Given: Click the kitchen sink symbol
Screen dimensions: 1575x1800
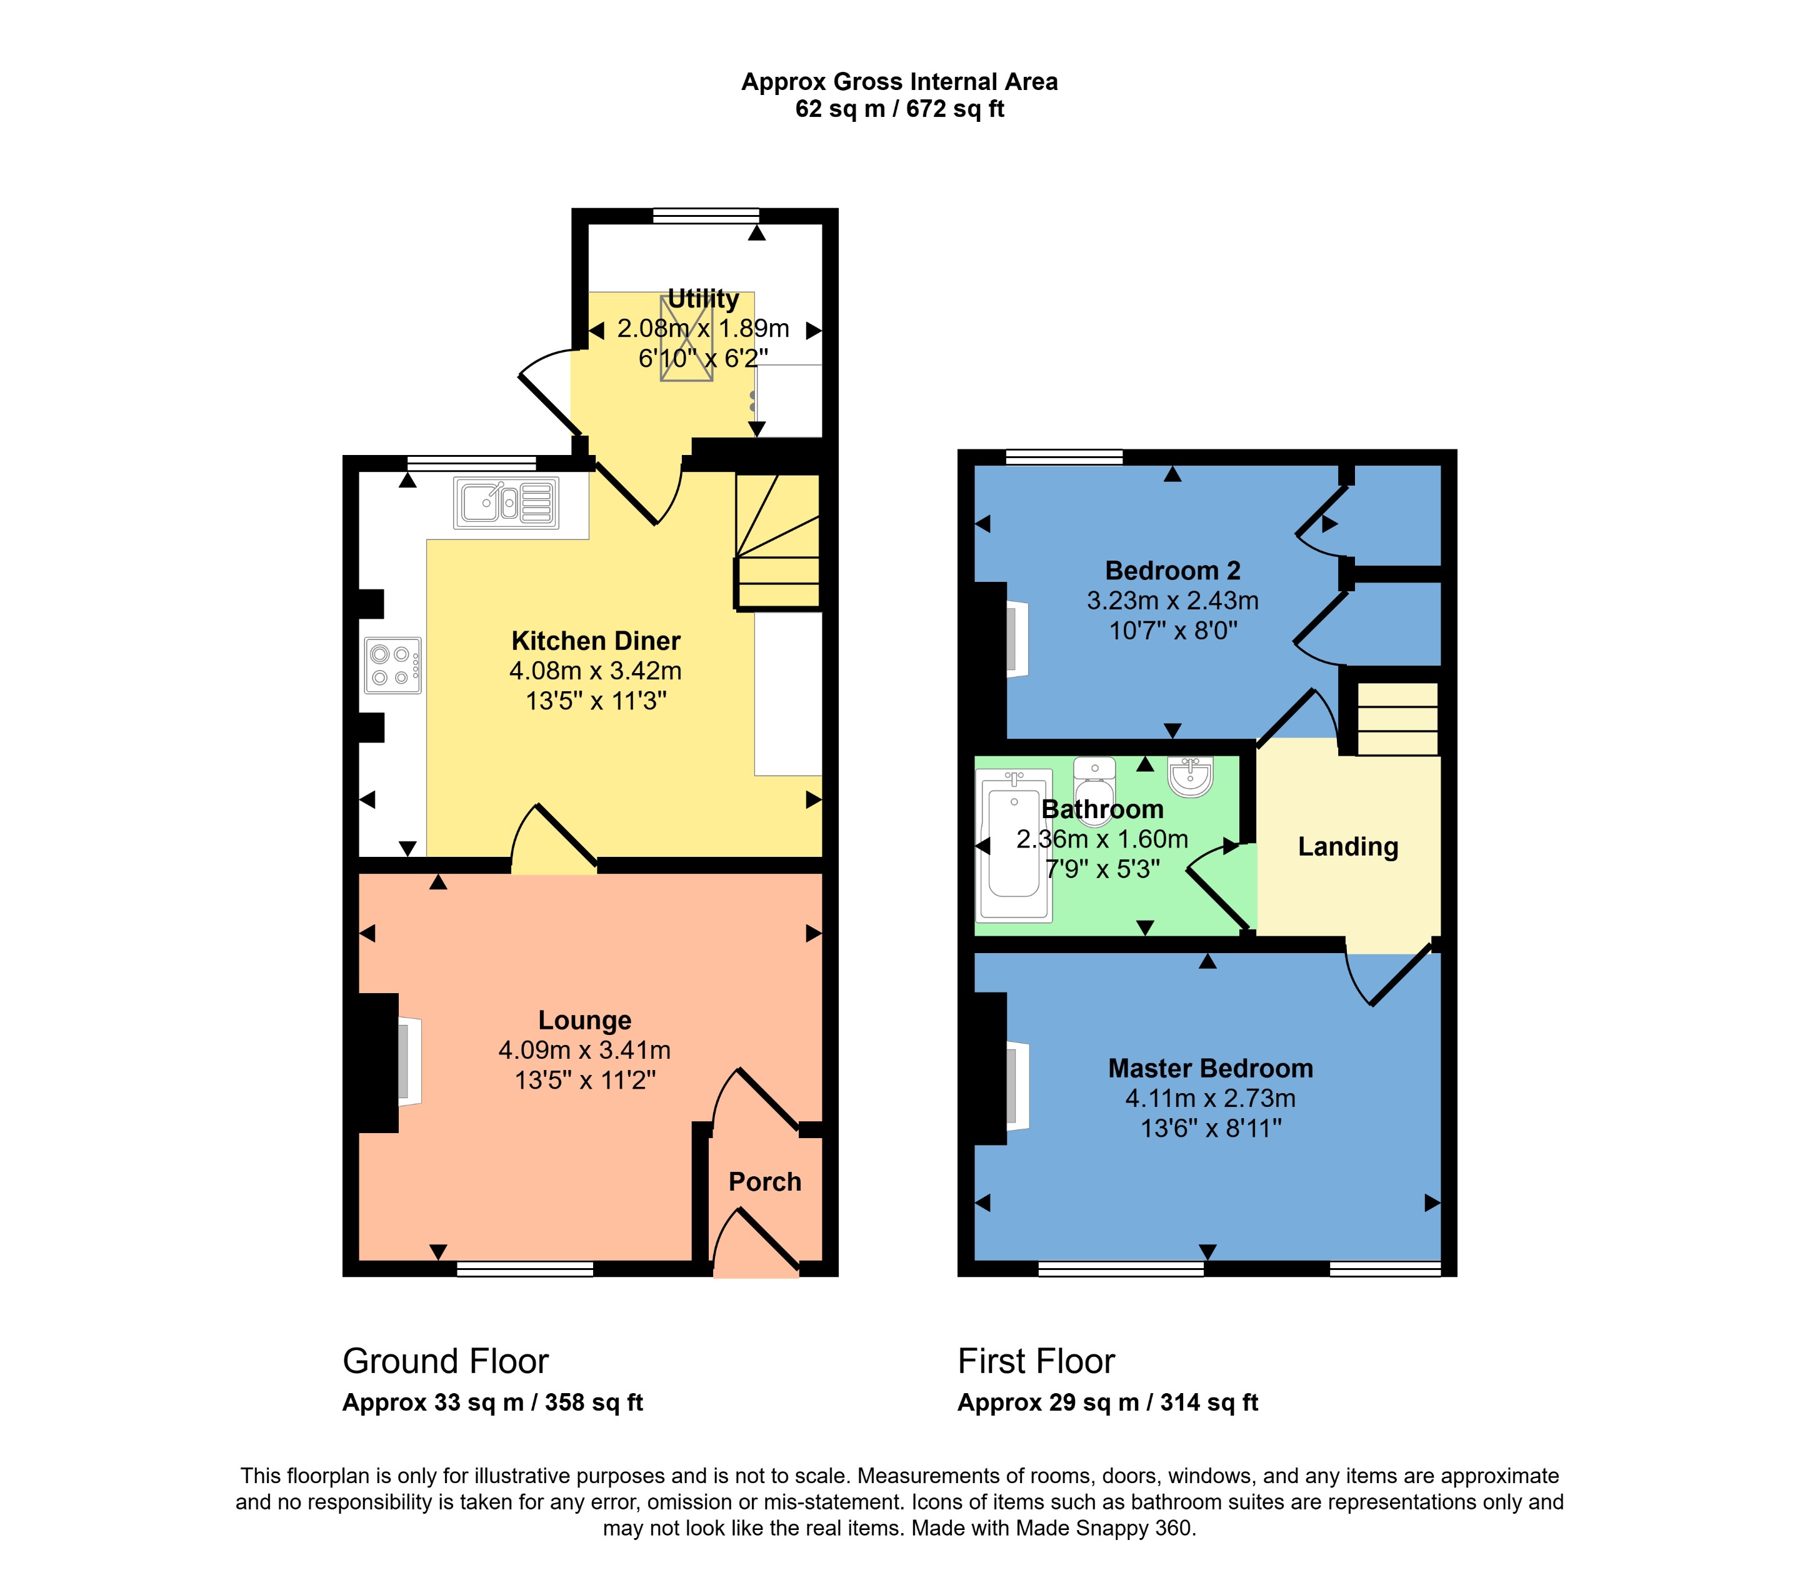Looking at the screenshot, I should point(506,502).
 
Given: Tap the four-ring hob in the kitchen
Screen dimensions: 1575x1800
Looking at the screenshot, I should point(392,666).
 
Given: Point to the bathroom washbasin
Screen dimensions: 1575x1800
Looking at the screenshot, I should point(1190,775).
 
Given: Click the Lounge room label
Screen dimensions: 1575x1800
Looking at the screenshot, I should point(584,1021).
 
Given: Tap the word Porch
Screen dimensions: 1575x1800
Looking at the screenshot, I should point(764,1181).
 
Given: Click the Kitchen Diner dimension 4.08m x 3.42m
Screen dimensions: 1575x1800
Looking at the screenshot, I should point(595,671).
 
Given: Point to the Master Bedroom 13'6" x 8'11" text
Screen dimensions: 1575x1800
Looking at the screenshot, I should point(1210,1129).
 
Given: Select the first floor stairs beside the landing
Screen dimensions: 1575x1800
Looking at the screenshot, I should point(1397,719).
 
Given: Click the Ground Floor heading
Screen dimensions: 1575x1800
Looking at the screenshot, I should point(445,1361).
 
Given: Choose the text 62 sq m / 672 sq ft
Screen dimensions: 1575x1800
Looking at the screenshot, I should point(899,109).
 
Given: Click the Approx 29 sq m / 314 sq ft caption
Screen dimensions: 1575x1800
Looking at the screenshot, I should point(1107,1402).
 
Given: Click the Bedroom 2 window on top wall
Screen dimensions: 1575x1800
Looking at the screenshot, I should point(1064,456).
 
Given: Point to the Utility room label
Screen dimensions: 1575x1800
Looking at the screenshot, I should point(703,299).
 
